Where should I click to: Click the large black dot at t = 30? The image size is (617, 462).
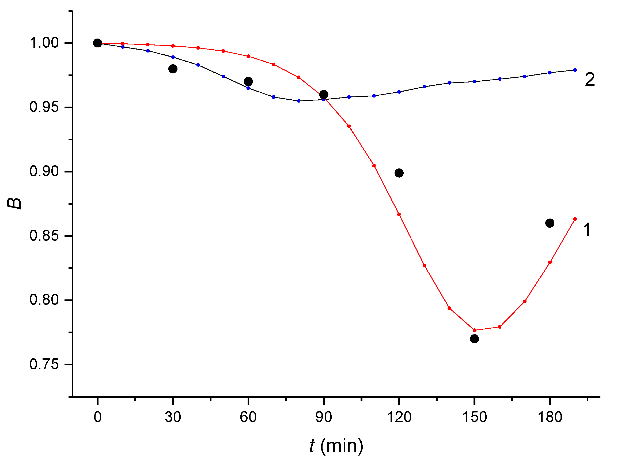[x=173, y=69]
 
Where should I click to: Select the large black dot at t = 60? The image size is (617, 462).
[x=248, y=81]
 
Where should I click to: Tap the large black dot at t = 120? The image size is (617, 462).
[x=399, y=173]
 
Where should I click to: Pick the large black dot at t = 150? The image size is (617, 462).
[x=475, y=339]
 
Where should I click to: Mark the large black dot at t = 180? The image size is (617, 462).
[x=550, y=223]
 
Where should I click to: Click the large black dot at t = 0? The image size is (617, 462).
[x=97, y=43]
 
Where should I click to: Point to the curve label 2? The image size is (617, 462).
[x=590, y=80]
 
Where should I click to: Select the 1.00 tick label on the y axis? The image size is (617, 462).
[x=44, y=43]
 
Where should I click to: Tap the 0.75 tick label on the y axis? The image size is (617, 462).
[x=44, y=364]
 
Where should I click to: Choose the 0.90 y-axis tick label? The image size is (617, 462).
[x=44, y=171]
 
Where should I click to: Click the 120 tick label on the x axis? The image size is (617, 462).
[x=399, y=417]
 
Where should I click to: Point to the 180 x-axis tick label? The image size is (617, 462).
[x=550, y=417]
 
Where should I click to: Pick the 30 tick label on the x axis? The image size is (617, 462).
[x=173, y=417]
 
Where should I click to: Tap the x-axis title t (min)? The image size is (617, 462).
[x=336, y=446]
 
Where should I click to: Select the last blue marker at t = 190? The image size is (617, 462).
[x=575, y=70]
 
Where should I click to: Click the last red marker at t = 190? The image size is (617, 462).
[x=575, y=219]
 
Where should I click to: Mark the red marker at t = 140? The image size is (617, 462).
[x=449, y=308]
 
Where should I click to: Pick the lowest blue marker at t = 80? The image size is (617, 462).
[x=299, y=101]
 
